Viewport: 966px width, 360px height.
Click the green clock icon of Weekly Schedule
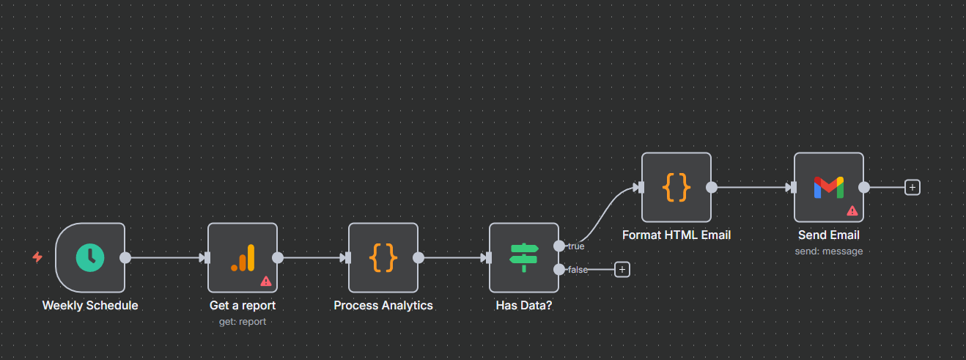(x=90, y=257)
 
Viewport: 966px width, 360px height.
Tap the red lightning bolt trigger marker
(x=37, y=257)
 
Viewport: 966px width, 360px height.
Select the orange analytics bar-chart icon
(x=243, y=257)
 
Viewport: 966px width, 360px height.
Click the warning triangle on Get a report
(x=265, y=281)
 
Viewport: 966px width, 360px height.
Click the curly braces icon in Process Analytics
(x=383, y=257)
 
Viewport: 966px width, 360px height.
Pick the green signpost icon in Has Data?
(x=524, y=257)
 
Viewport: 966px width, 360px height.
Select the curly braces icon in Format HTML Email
(x=676, y=187)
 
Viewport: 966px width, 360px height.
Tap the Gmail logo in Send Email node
(x=829, y=187)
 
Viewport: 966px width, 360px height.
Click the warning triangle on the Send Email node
(x=852, y=210)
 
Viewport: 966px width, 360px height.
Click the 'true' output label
(x=576, y=246)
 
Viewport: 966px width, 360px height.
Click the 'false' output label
(x=578, y=270)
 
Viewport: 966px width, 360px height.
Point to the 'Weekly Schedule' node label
(x=90, y=305)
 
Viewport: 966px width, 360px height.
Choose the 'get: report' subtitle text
(x=243, y=321)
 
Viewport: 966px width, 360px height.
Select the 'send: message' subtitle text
(x=829, y=251)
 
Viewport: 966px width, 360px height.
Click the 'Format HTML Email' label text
(x=676, y=235)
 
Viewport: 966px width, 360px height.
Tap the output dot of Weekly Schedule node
(x=125, y=257)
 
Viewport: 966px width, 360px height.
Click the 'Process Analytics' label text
(x=383, y=305)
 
